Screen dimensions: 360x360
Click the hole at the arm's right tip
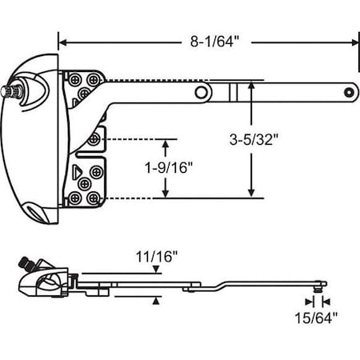[x=347, y=93]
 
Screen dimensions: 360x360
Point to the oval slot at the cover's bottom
[x=35, y=210]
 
